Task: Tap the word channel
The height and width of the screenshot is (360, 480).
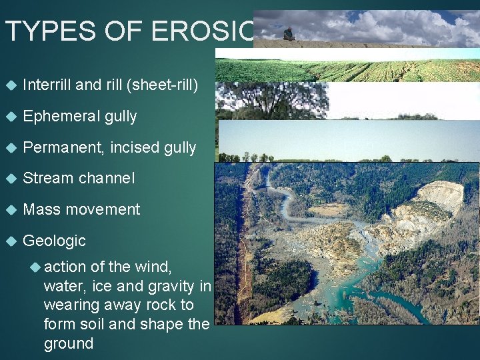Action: (x=107, y=178)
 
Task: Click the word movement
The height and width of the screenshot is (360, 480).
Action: (x=101, y=209)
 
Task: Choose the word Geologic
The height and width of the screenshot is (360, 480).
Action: (x=54, y=241)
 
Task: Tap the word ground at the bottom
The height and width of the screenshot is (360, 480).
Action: (x=69, y=343)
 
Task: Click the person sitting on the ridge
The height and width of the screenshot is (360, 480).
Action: (x=289, y=34)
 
